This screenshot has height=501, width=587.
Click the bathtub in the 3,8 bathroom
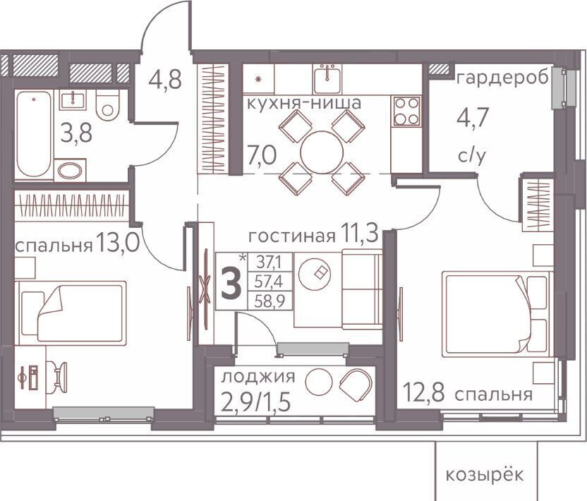pos(34,134)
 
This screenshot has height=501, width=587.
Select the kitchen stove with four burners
pos(406,111)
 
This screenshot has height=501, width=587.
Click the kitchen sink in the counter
pos(327,78)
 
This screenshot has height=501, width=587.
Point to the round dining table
pos(322,152)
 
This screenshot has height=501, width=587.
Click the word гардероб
pos(503,78)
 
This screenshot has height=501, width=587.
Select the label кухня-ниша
pos(304,102)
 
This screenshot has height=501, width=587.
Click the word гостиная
pos(292,236)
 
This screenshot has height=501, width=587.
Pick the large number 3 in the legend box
pos(231,284)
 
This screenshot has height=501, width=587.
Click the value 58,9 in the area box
pos(270,301)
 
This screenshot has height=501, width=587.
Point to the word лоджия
pos(258,377)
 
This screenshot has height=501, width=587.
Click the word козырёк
pos(485,475)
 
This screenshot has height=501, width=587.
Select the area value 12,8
pos(423,393)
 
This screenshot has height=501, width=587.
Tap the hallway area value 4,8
pos(165,79)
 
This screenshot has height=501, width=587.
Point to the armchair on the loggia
pos(356,383)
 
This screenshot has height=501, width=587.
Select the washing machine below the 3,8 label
pos(70,170)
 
